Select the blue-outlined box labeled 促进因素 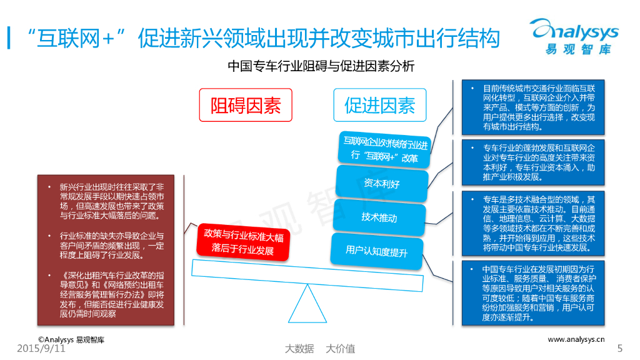(379, 104)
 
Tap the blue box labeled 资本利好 (381, 183)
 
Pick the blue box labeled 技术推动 (379, 217)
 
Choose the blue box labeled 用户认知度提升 (376, 251)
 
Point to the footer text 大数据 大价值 (319, 349)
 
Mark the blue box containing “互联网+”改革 (384, 150)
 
